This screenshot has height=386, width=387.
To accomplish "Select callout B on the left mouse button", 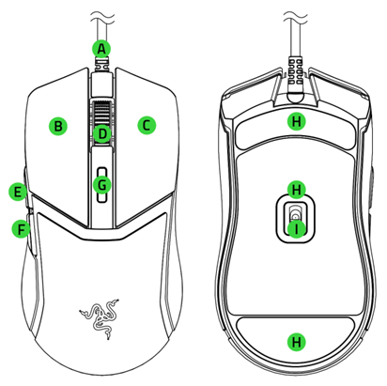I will click(x=58, y=125).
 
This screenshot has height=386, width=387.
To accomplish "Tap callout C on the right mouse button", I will click(x=146, y=124).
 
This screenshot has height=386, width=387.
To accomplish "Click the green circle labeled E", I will click(x=16, y=192).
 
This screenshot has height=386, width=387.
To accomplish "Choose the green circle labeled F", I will click(x=18, y=227).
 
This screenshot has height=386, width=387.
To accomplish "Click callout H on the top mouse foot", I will click(x=297, y=121).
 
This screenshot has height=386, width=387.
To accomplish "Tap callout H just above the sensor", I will click(x=297, y=189).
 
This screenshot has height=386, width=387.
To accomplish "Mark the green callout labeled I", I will click(x=297, y=228).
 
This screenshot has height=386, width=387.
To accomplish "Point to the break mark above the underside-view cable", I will click(x=297, y=14).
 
